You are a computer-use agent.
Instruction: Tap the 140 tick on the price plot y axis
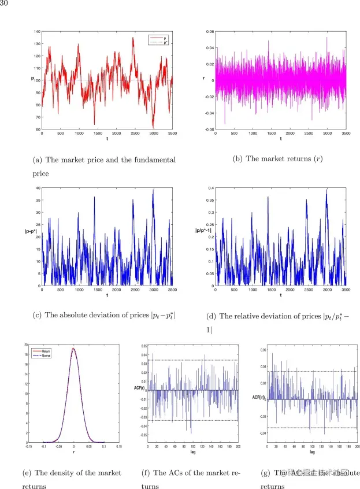coord(36,31)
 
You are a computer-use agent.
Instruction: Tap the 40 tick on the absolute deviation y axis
coord(37,188)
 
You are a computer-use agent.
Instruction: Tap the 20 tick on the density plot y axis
coord(26,345)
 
